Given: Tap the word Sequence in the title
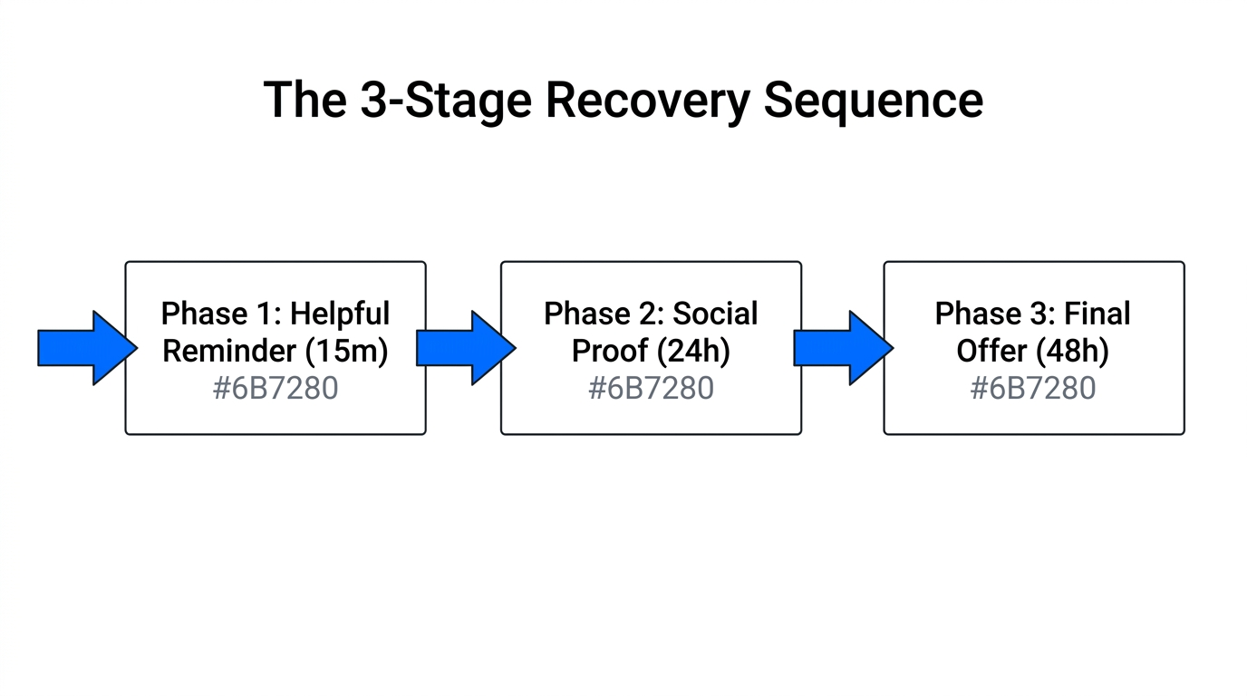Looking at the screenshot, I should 873,101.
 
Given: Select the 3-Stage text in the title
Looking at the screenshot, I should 444,101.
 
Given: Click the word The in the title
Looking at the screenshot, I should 304,101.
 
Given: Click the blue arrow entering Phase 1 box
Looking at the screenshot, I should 87,348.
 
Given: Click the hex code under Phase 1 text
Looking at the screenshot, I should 275,389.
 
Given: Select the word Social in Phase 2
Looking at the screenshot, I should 714,314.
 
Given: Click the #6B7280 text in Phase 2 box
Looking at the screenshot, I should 651,389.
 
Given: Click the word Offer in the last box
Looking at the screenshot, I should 991,352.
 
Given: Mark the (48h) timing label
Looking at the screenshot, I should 1071,352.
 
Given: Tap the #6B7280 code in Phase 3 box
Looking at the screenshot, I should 1033,389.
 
